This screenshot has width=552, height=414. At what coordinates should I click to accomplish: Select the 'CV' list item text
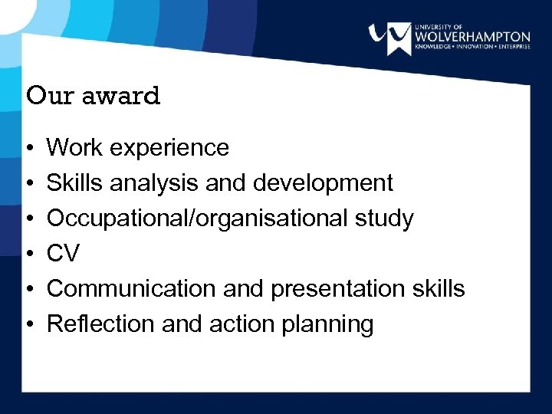[63, 254]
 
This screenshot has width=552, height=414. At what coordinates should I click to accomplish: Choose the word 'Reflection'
[100, 324]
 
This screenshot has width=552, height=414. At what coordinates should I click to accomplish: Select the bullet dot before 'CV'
[28, 254]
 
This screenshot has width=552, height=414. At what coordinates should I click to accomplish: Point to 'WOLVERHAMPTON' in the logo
[472, 36]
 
